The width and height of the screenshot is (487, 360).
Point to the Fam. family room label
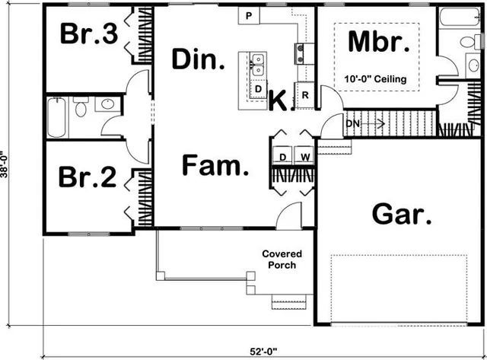click(x=216, y=166)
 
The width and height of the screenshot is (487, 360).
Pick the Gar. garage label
click(x=402, y=216)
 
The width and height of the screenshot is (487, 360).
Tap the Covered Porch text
click(x=282, y=260)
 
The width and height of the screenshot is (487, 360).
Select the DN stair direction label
click(x=352, y=123)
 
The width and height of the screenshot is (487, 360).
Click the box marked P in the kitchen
click(x=249, y=15)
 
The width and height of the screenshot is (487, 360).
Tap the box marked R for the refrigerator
click(x=304, y=95)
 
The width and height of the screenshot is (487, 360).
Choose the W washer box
click(x=304, y=158)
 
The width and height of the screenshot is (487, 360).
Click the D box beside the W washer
click(x=282, y=158)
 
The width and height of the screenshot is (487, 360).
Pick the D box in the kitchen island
click(x=259, y=89)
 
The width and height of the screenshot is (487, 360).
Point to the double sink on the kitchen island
click(x=258, y=64)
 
